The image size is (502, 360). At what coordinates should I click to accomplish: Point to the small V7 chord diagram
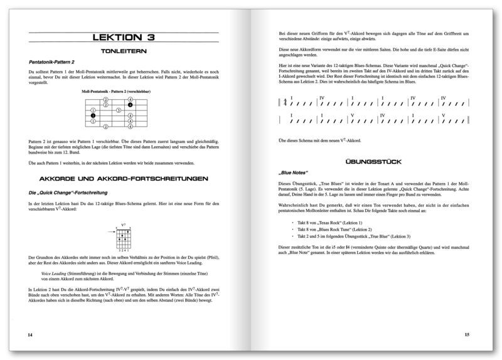click(x=124, y=237)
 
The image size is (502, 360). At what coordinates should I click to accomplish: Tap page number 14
click(x=30, y=336)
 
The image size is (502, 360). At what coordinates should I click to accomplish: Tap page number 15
click(x=467, y=336)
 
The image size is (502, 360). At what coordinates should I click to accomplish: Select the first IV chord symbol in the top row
click(x=321, y=98)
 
